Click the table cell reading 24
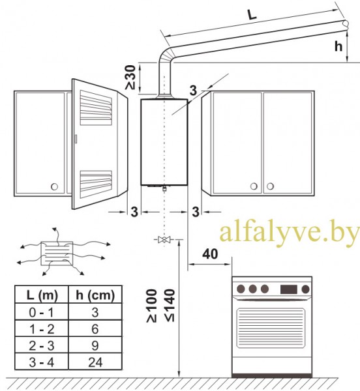(x=95, y=362)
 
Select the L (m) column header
(x=42, y=295)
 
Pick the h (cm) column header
(x=95, y=295)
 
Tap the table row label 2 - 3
(x=42, y=345)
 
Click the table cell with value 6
(x=95, y=329)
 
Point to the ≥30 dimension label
(x=130, y=78)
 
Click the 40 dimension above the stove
(x=210, y=254)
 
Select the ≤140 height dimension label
(x=170, y=305)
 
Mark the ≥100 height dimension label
(x=152, y=306)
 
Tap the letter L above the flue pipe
(x=252, y=15)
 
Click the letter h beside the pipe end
(x=338, y=46)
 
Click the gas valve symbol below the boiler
(x=164, y=240)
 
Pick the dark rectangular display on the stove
(x=289, y=289)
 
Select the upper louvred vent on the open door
(x=96, y=108)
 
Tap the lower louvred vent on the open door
(x=96, y=184)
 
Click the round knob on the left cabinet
(x=54, y=186)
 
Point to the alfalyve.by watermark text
(x=290, y=233)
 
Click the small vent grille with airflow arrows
(x=57, y=253)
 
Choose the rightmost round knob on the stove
(x=305, y=289)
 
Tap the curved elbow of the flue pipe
(x=165, y=55)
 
